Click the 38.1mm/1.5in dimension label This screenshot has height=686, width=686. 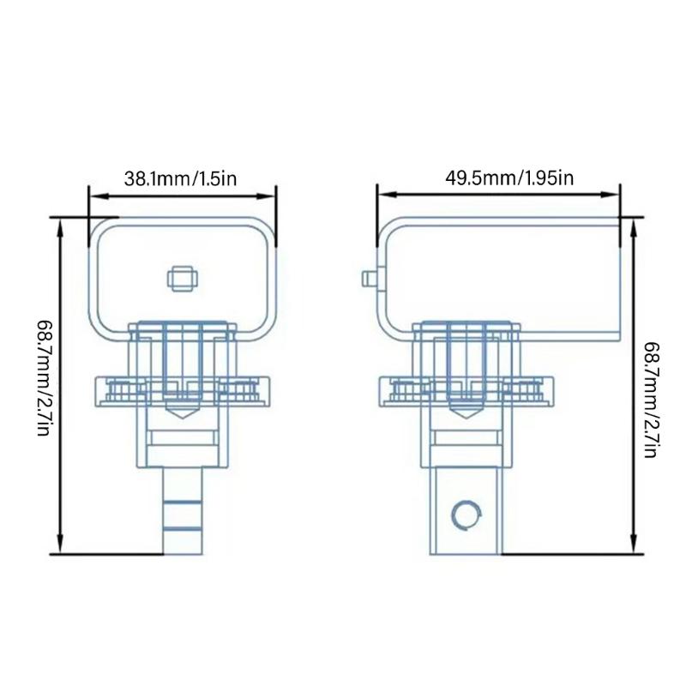(180, 179)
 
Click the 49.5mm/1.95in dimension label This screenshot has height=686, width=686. (497, 178)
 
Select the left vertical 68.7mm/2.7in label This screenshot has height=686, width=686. (43, 377)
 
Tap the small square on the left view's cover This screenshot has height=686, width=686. (182, 278)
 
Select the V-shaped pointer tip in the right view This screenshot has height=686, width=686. (467, 413)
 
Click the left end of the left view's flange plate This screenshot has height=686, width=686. (97, 390)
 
